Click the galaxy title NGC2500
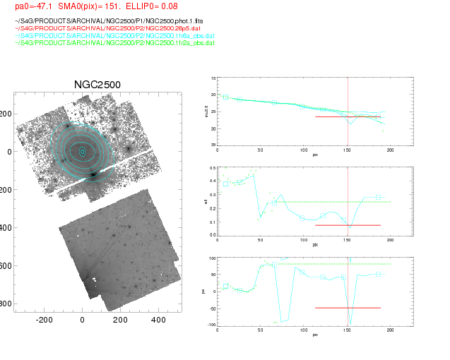point(97,85)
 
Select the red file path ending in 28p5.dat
point(102,29)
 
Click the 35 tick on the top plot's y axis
point(213,144)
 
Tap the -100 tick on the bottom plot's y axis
point(211,324)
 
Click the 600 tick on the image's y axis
point(6,265)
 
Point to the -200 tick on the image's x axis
point(45,319)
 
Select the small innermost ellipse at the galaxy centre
point(82,151)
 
